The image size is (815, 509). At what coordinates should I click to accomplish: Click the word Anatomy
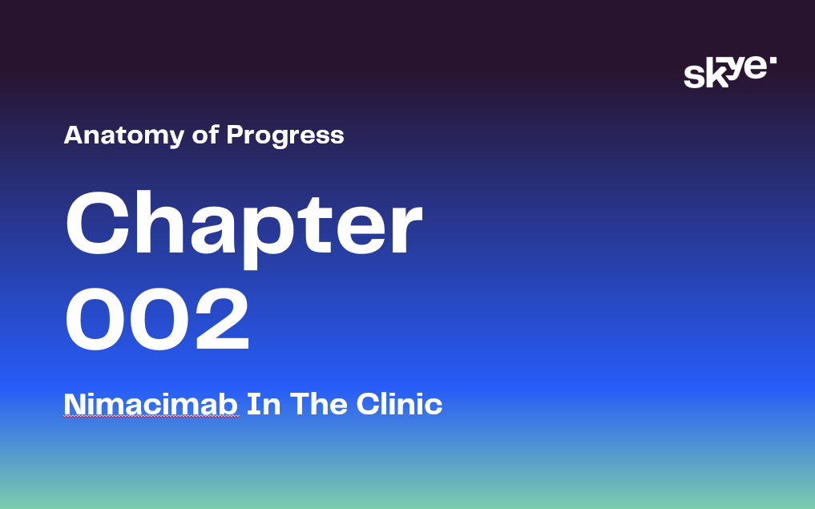pos(123,135)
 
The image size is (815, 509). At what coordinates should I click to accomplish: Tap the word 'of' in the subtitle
pos(205,135)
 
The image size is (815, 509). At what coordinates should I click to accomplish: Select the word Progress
pos(284,135)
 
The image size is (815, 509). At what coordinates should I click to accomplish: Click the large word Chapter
pos(244,228)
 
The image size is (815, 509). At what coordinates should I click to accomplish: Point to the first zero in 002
pos(95,319)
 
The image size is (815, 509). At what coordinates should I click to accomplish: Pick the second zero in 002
pos(159,319)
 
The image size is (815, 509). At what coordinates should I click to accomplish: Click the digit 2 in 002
pos(223,319)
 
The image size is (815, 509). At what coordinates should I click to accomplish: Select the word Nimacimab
pos(151,404)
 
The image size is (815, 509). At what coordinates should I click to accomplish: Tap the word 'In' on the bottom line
pos(264,404)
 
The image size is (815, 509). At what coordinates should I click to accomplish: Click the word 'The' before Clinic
pos(318,404)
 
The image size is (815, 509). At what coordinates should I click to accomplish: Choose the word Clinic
pos(399,404)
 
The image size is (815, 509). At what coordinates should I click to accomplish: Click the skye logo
pos(730,72)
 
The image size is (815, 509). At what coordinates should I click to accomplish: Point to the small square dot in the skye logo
pos(773,60)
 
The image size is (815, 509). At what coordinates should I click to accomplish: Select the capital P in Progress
pos(236,135)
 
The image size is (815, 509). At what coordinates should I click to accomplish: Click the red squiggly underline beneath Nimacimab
pos(151,416)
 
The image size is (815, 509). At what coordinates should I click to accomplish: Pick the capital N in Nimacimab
pos(75,404)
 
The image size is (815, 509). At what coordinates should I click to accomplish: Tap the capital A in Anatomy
pos(75,135)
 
